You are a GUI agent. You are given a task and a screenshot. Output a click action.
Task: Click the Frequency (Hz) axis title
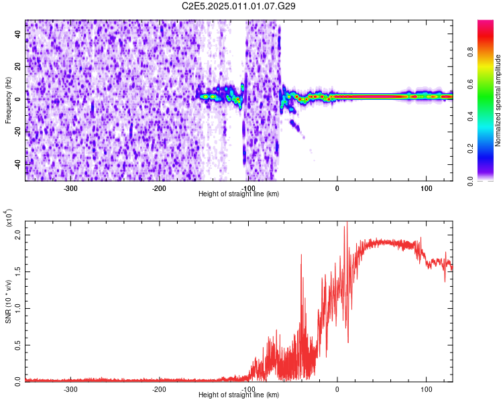pos(8,100)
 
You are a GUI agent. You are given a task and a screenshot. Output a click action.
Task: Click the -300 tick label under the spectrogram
pos(70,187)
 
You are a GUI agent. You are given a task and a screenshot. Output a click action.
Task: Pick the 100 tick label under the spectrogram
pos(426,187)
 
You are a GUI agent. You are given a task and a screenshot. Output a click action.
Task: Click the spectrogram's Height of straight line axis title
pos(239,194)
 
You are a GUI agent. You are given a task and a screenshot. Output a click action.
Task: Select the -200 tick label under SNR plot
pos(159,388)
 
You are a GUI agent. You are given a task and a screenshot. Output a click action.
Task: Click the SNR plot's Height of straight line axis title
pos(239,395)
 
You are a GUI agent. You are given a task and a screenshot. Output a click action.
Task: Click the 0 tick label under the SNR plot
pos(337,388)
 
